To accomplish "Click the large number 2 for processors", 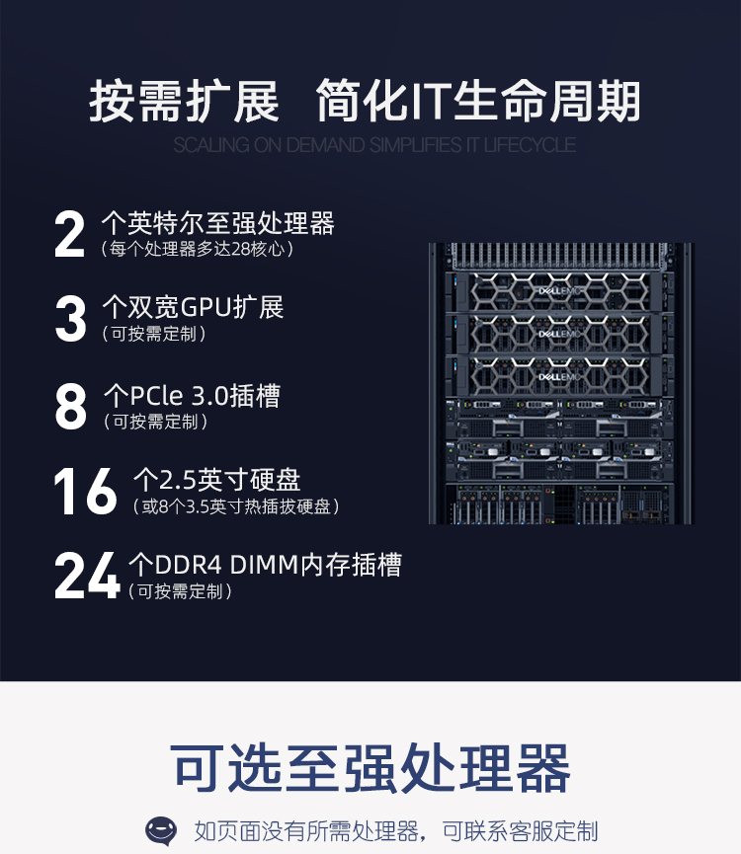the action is pos(70,235).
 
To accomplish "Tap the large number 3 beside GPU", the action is pos(71,319).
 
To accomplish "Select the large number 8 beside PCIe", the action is pos(71,406).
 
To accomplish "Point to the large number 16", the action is pos(86,491).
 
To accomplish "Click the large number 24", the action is pos(87,576).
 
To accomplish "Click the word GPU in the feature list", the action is pos(206,307).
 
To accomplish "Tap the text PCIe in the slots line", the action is pos(156,396).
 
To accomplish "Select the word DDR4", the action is pos(189,565).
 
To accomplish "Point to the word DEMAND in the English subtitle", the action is pos(325,145).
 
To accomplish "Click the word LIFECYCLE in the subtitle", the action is pos(529,145).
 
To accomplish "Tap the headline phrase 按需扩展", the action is pos(184,102).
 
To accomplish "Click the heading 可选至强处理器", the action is pos(370,768).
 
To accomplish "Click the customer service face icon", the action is pos(161,831).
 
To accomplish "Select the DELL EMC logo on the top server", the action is pos(559,291).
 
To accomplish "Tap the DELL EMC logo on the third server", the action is pos(559,377).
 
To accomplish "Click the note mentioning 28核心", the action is pos(198,249).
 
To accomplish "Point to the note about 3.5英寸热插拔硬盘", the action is pos(236,506).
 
